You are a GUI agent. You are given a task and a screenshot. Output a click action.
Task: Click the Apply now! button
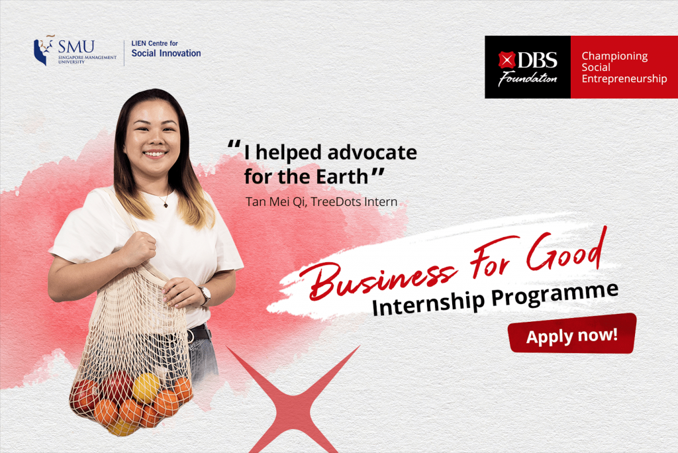571,334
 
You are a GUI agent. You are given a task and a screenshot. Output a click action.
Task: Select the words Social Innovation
166,54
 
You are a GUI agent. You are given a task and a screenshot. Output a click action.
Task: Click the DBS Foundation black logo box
528,67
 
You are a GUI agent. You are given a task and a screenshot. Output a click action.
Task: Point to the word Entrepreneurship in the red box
624,79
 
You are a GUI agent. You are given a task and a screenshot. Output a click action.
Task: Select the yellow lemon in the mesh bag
146,387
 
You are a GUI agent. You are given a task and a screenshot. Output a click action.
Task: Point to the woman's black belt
199,334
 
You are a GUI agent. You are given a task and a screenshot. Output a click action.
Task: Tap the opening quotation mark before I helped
234,147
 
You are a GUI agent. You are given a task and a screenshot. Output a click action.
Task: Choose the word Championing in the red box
614,56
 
